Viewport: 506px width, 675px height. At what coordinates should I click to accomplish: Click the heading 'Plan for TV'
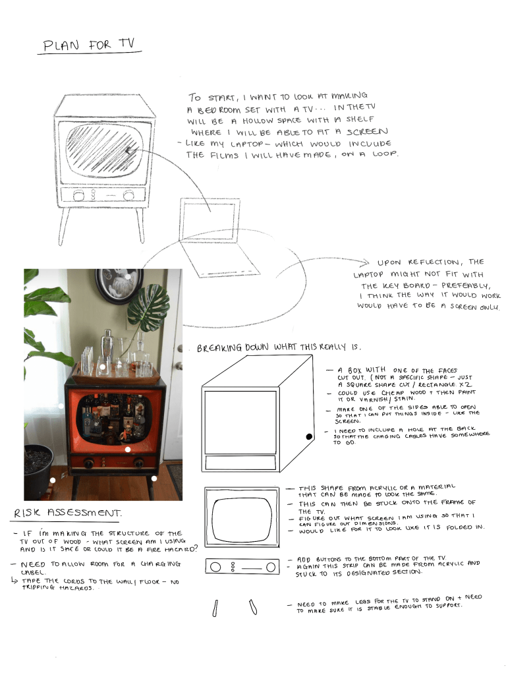pyautogui.click(x=89, y=45)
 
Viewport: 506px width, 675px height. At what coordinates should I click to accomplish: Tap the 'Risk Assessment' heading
pyautogui.click(x=68, y=513)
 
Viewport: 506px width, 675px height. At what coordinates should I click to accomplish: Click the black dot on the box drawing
pyautogui.click(x=309, y=436)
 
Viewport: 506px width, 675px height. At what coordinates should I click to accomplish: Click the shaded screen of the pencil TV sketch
pyautogui.click(x=104, y=148)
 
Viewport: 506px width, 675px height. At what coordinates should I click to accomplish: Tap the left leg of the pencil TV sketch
pyautogui.click(x=64, y=227)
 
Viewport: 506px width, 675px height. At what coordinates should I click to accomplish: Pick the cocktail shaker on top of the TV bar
pyautogui.click(x=107, y=347)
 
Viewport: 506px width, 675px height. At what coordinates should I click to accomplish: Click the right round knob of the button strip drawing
pyautogui.click(x=271, y=567)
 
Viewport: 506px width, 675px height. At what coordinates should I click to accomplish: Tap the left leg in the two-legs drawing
pyautogui.click(x=215, y=608)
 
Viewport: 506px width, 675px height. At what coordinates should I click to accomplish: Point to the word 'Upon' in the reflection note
pyautogui.click(x=389, y=262)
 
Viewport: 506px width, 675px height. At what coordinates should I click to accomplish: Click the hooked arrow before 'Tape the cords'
pyautogui.click(x=14, y=580)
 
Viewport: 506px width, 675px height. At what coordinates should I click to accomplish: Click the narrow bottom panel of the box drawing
pyautogui.click(x=240, y=462)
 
